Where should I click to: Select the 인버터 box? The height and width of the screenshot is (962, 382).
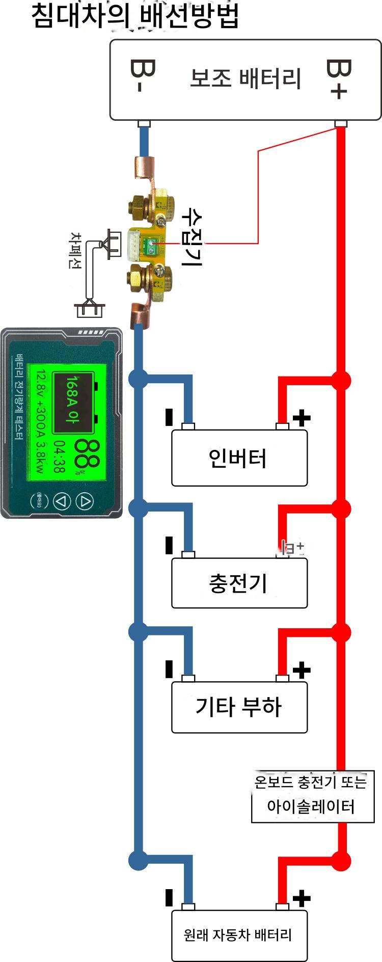pos(239,458)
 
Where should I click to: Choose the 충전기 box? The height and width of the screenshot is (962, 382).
pos(239,583)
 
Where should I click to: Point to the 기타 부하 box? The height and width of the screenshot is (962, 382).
pos(239,707)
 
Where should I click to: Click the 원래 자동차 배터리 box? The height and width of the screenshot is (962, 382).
pos(239,935)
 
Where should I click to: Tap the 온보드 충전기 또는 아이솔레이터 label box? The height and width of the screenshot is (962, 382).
pos(312,795)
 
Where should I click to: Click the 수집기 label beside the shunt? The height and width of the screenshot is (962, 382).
pos(193,237)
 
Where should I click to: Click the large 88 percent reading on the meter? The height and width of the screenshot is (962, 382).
pos(87,453)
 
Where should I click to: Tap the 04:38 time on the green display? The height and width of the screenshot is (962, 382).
pos(60,457)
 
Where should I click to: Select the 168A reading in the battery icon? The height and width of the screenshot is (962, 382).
pos(73,399)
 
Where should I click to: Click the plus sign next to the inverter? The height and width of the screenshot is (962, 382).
pos(302,418)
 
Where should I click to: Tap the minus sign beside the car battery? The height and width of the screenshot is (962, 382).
pos(169,897)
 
